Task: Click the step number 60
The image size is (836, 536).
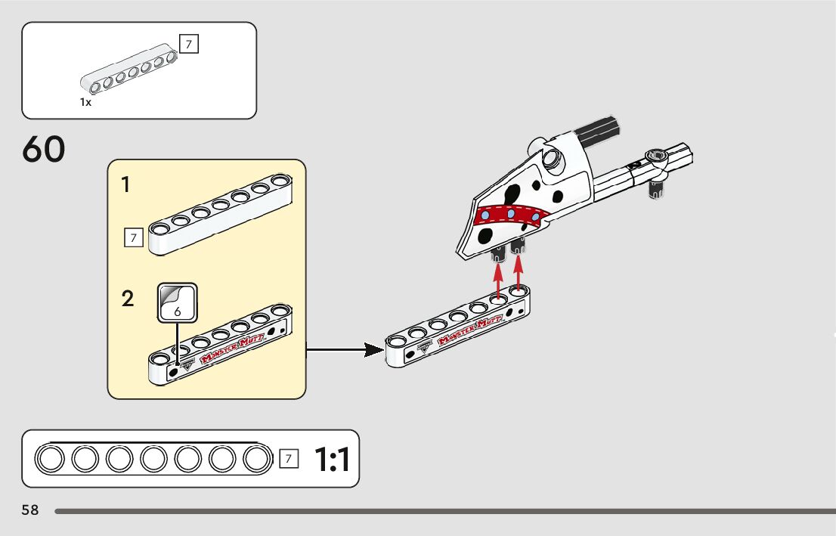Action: coord(44,150)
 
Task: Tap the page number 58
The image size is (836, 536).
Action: coord(30,510)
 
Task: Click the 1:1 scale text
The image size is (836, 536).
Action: coord(333,459)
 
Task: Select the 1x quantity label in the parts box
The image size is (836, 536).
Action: coord(85,102)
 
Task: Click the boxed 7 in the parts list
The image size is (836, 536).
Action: coord(189,44)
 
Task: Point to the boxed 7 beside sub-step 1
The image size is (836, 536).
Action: coord(133,238)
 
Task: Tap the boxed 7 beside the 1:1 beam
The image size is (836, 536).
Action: coord(288,458)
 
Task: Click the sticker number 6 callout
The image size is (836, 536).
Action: coord(177,303)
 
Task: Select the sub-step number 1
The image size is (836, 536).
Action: coord(127,184)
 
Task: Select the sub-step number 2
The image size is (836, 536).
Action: coord(128,299)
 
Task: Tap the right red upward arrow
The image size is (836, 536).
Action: coord(519,273)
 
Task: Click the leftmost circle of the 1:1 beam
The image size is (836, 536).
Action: coord(51,458)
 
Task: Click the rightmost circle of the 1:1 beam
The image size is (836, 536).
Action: coord(256,458)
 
